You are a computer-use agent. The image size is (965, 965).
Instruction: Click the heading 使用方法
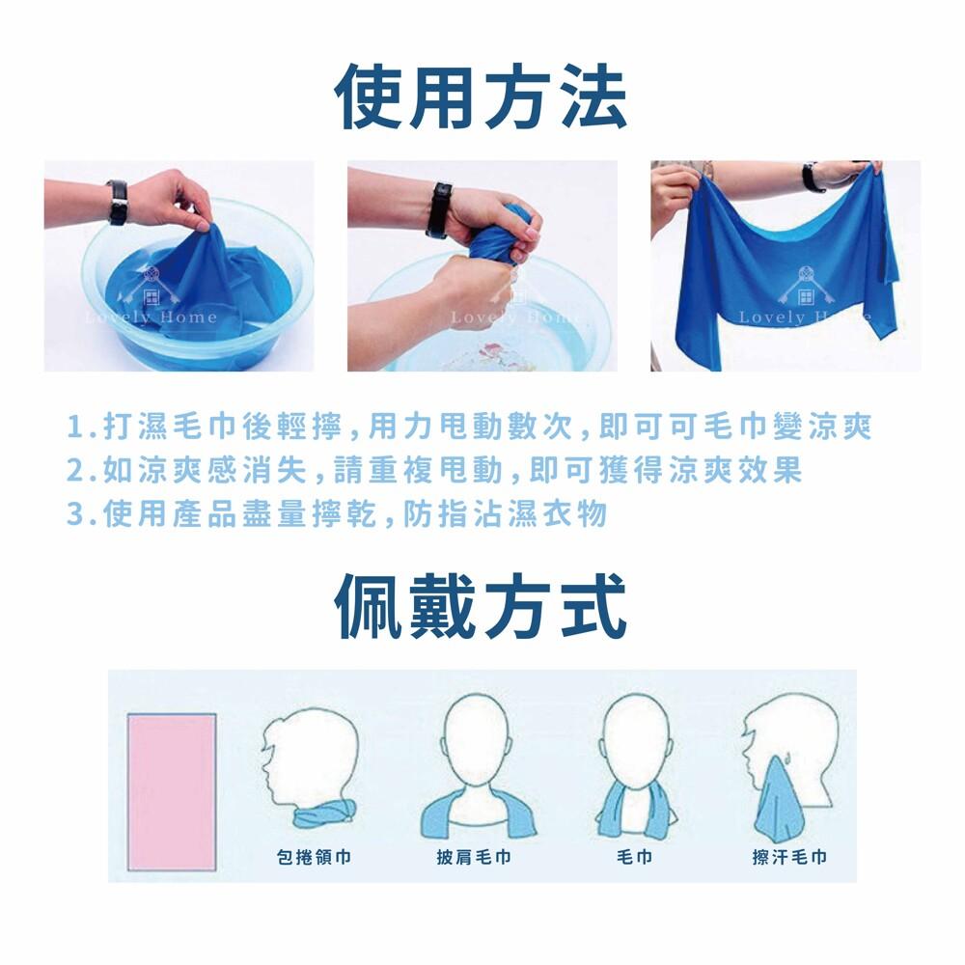click(x=481, y=96)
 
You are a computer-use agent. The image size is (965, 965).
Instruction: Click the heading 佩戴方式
click(x=481, y=606)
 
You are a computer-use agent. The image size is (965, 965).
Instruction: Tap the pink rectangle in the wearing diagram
click(x=172, y=792)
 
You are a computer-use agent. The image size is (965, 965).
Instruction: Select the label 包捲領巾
click(x=314, y=856)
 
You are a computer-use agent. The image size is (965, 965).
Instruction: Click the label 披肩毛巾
click(x=473, y=856)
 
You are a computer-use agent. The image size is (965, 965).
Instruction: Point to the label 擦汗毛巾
click(x=789, y=856)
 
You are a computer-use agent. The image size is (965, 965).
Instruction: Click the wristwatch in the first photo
click(x=118, y=202)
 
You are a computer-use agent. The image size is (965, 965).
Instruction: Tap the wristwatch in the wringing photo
click(x=438, y=209)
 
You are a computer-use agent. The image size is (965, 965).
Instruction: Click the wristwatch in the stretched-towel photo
click(x=812, y=177)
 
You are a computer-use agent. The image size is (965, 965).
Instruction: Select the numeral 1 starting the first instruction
click(x=74, y=427)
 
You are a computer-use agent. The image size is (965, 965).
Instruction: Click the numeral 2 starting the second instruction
click(x=74, y=471)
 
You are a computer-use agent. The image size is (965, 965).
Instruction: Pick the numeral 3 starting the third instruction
click(x=74, y=514)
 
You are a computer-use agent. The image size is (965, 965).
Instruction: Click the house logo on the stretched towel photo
click(x=806, y=287)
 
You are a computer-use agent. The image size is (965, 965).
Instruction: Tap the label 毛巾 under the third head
click(x=634, y=856)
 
